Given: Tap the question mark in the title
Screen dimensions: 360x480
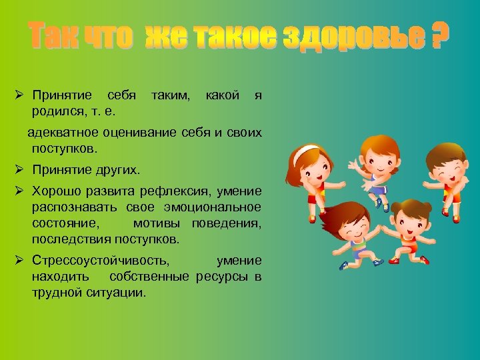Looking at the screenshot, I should pos(437,37).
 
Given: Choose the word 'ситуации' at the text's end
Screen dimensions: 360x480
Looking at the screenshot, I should pos(117,292).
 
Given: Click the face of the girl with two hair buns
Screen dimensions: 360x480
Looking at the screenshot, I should pos(407,223).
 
